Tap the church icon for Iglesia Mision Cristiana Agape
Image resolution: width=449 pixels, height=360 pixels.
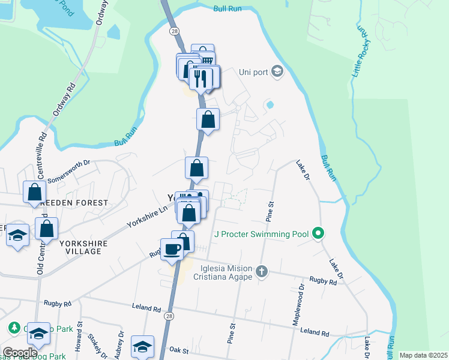261,272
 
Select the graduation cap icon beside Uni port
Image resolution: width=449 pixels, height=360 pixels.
277,72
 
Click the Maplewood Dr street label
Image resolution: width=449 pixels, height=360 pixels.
299,308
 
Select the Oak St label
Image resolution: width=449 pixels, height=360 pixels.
179,350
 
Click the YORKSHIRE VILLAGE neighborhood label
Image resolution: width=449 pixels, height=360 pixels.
80,247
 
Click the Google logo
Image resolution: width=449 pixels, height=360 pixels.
20,353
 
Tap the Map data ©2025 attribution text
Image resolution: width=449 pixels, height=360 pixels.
423,355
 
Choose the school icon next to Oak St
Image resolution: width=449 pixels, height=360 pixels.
143,347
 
